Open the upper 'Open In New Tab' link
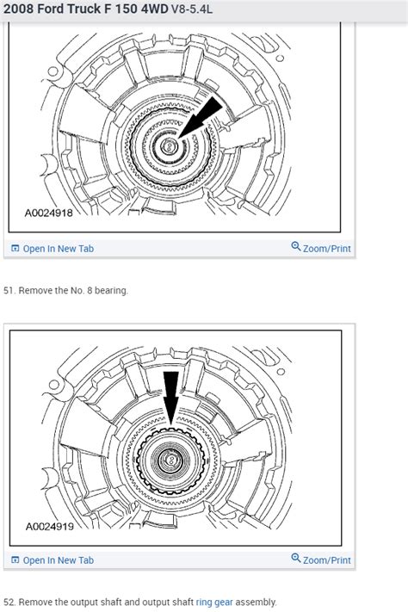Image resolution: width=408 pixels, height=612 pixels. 58,249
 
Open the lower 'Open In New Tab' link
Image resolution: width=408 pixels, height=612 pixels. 58,560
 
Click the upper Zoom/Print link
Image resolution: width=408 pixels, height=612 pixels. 327,248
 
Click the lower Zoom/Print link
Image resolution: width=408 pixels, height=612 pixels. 327,559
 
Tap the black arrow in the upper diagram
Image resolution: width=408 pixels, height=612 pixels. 201,118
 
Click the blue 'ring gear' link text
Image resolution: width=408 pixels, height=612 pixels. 213,602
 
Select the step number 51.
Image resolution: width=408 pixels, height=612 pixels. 9,290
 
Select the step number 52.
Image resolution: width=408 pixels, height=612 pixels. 9,602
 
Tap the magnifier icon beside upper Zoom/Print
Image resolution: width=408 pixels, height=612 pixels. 296,247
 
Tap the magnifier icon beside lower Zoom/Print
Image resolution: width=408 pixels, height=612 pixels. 296,559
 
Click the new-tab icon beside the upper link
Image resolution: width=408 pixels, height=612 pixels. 15,249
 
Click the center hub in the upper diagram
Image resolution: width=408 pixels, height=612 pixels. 169,148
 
